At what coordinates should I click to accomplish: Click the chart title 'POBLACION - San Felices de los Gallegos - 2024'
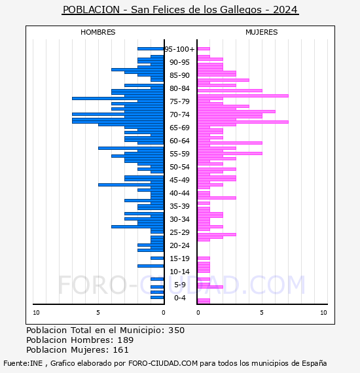(180, 10)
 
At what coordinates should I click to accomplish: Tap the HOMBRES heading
(98, 32)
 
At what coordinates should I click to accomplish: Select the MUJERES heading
(262, 32)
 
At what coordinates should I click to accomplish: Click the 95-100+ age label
(179, 49)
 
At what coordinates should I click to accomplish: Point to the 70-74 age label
(179, 115)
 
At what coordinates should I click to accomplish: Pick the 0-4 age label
(180, 298)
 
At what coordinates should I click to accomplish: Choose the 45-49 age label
(179, 180)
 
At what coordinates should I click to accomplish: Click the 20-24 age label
(179, 245)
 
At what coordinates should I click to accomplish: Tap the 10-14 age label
(179, 272)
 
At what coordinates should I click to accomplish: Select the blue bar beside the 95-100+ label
(151, 49)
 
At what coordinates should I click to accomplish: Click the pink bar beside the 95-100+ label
(204, 49)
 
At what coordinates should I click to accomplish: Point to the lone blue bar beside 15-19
(157, 258)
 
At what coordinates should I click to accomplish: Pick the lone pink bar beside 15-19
(204, 258)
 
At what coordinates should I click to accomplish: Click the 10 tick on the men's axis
(36, 313)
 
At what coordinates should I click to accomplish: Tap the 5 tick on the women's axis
(262, 313)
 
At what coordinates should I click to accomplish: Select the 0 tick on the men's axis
(163, 313)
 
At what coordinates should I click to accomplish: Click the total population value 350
(176, 330)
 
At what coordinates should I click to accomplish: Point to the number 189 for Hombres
(126, 340)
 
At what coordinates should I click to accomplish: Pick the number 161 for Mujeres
(120, 349)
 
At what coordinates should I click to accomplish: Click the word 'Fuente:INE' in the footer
(23, 363)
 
